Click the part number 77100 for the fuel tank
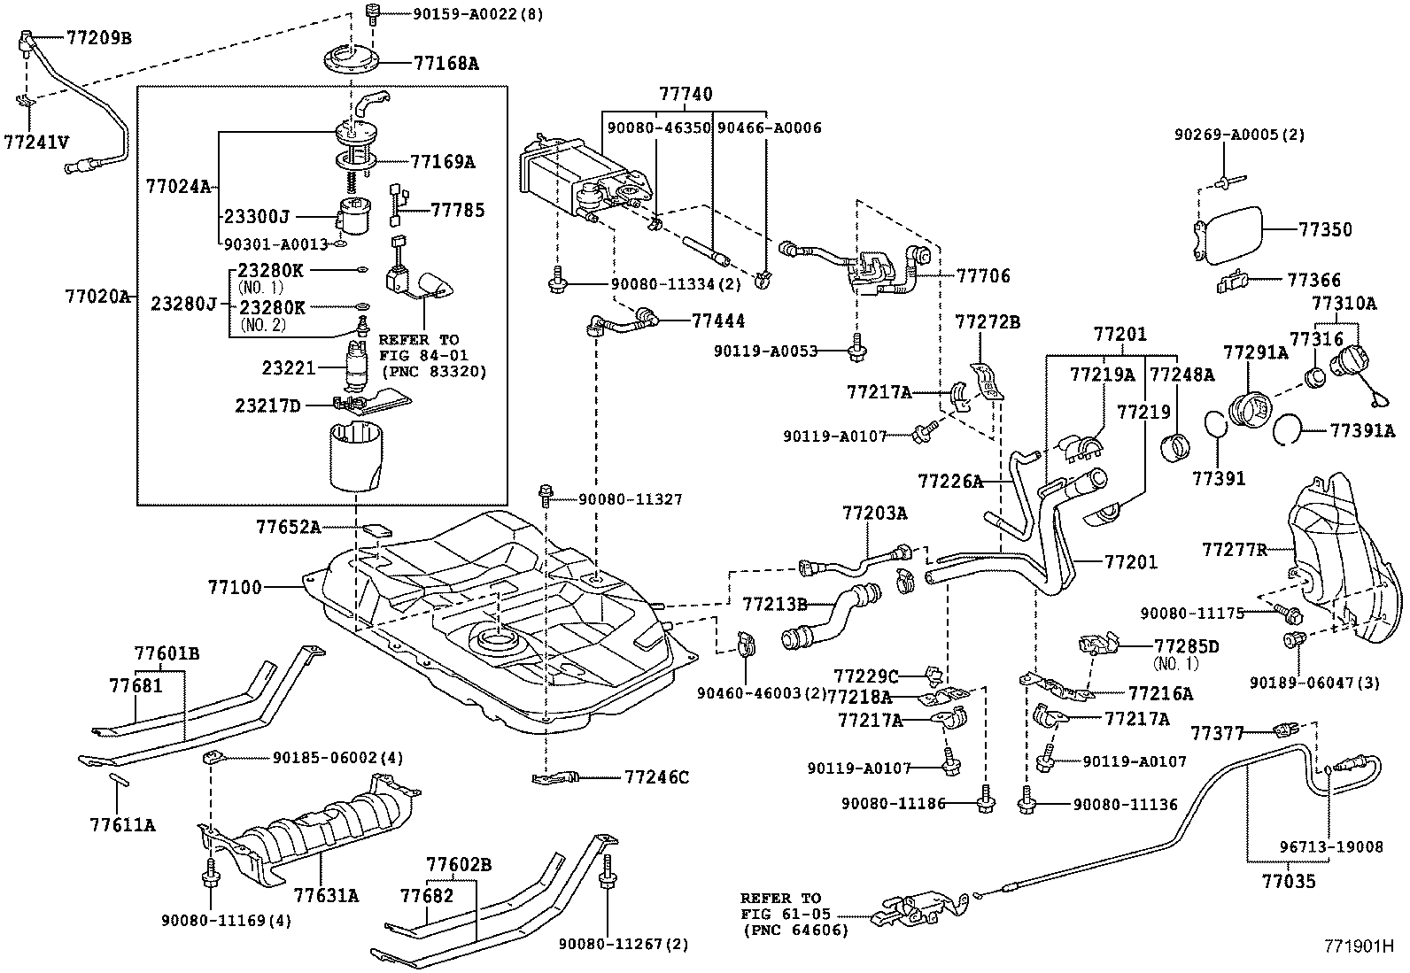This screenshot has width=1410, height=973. (x=235, y=587)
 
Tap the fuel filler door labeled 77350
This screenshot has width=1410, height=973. (x=1228, y=235)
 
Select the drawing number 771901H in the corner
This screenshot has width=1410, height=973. (x=1359, y=946)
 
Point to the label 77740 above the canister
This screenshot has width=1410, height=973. (x=686, y=94)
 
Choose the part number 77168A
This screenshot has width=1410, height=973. (x=446, y=63)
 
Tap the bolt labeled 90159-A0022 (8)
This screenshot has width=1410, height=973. (x=372, y=13)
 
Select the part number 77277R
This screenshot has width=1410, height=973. (x=1235, y=550)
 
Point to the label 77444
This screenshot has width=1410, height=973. (x=718, y=321)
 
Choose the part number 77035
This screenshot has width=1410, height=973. (x=1289, y=881)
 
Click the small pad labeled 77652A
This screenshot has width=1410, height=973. (x=376, y=529)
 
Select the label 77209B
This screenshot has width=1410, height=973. (x=99, y=38)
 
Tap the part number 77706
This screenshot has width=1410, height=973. (x=983, y=275)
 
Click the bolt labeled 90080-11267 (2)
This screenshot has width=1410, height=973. (x=607, y=871)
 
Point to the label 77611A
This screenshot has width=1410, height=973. (x=122, y=824)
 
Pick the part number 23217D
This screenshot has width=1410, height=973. (x=268, y=406)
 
